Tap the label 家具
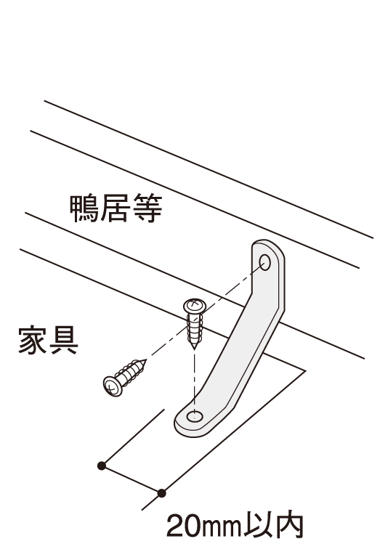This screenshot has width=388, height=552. tap(48, 340)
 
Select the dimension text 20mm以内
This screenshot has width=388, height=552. tap(235, 526)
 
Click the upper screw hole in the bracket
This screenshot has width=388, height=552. tap(264, 262)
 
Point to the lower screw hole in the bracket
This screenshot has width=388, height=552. tap(195, 416)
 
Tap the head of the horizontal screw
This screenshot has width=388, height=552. tap(113, 386)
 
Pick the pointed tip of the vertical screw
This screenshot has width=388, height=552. tap(194, 349)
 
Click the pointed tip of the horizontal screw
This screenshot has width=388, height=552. tap(145, 360)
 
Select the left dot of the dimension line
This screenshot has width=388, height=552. tap(102, 466)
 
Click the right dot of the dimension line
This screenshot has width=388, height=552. tap(161, 493)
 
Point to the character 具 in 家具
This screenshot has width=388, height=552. tap(64, 340)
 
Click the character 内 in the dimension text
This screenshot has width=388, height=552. tap(288, 526)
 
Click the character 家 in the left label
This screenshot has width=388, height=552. tap(33, 340)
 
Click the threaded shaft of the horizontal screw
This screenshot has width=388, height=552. tap(131, 373)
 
